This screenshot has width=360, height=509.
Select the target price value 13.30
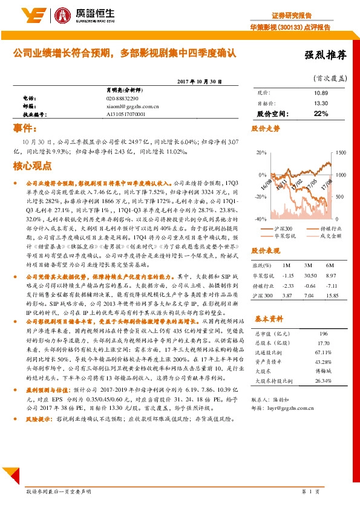(x=321, y=103)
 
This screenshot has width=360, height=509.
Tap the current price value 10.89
(x=321, y=93)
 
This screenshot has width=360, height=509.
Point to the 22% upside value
(x=321, y=114)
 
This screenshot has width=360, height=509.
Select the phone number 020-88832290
(x=122, y=98)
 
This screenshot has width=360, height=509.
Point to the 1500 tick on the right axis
(x=340, y=152)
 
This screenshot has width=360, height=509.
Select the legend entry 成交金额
(x=327, y=236)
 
